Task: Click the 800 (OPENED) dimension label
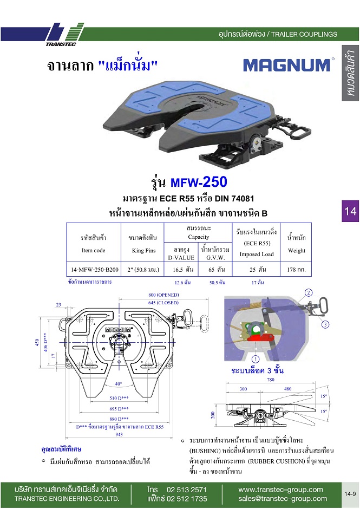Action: pyautogui.click(x=163, y=295)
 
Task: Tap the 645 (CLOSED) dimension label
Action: pyautogui.click(x=163, y=302)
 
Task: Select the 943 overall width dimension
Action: pyautogui.click(x=119, y=434)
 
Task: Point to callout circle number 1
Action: pyautogui.click(x=255, y=359)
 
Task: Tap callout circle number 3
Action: pyautogui.click(x=325, y=325)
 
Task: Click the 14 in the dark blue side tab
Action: pyautogui.click(x=350, y=211)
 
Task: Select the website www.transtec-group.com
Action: pyautogui.click(x=280, y=490)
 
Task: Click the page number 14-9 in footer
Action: pyautogui.click(x=350, y=494)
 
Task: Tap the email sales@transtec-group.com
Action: pyautogui.click(x=283, y=499)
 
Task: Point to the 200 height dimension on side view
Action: pyautogui.click(x=214, y=414)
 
